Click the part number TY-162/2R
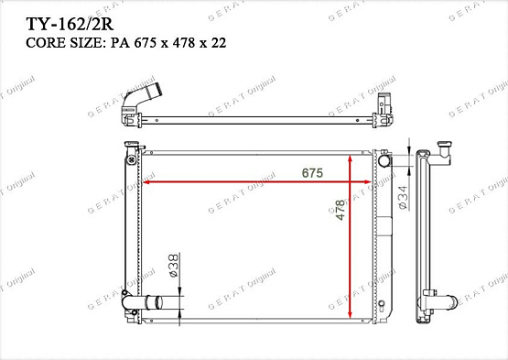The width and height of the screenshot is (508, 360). tap(70, 24)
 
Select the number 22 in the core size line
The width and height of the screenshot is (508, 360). tap(219, 43)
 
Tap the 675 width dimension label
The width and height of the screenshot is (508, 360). tap(312, 173)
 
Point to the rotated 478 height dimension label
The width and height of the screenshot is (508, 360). tap(340, 210)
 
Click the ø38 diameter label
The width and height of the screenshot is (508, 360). tap(173, 266)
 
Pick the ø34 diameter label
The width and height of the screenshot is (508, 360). tap(403, 197)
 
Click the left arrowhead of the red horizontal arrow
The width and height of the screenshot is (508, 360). tap(146, 182)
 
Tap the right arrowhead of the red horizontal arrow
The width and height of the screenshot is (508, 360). tap(367, 182)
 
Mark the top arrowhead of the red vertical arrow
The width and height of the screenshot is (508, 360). tap(350, 158)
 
